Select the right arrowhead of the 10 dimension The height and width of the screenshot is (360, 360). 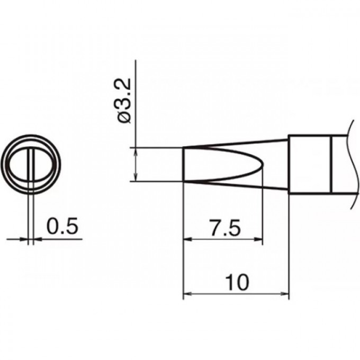(285, 293)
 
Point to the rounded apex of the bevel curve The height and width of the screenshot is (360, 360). (263, 165)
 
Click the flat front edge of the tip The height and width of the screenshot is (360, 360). (183, 165)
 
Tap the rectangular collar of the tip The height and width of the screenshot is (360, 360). (310, 164)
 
